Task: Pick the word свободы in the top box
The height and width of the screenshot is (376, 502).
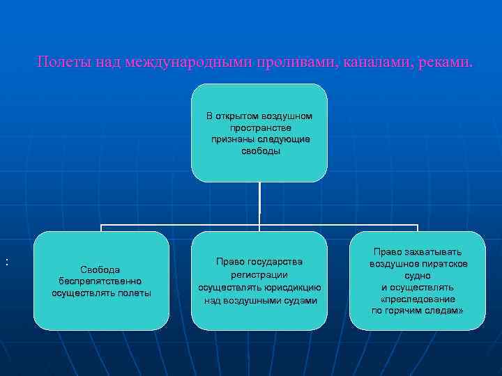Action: (260, 151)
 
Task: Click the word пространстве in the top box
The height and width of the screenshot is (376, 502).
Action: (260, 127)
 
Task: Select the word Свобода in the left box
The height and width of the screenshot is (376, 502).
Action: (100, 269)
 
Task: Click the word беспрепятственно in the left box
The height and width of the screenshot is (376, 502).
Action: (101, 281)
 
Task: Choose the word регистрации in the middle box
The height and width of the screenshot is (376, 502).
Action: (259, 274)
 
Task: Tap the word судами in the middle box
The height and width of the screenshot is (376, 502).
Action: (299, 300)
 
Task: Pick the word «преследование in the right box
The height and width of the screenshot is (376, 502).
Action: (417, 299)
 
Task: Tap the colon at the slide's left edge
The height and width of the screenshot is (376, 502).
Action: (7, 262)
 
